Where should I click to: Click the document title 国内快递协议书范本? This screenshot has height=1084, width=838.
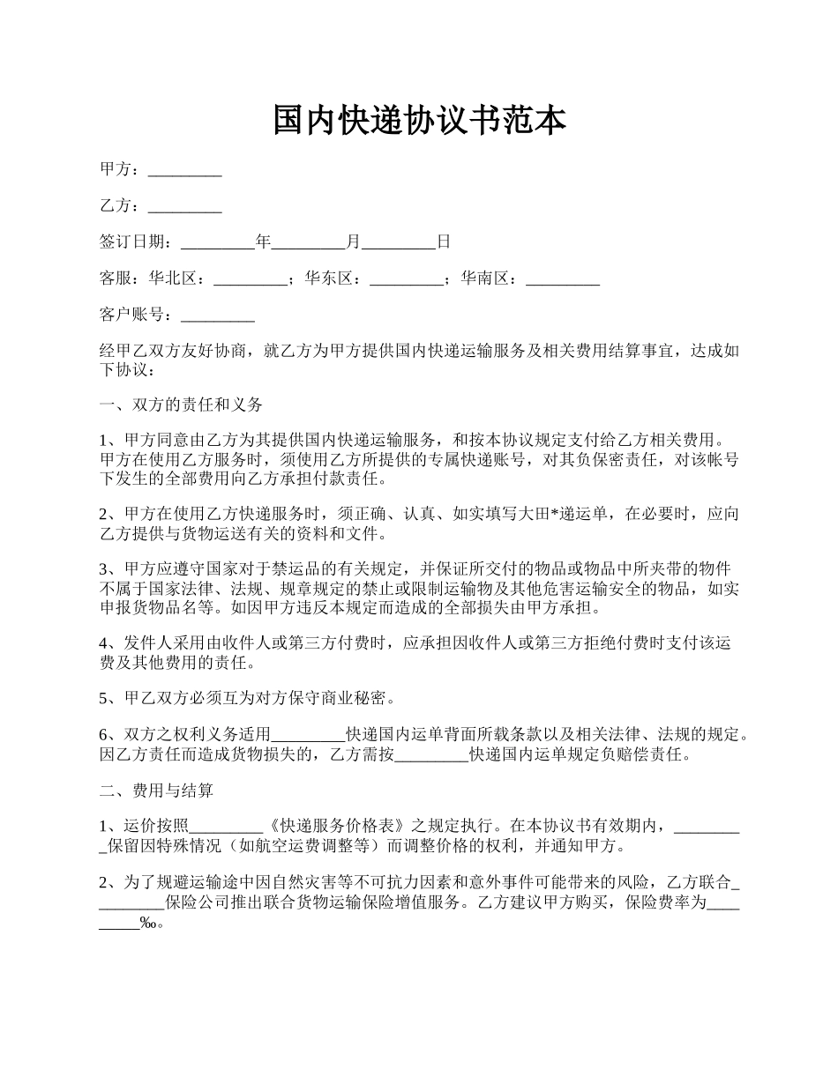[419, 121]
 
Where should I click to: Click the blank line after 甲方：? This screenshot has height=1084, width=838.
[184, 169]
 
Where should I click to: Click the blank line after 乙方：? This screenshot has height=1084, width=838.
[184, 206]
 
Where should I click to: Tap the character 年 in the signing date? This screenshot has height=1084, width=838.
[263, 241]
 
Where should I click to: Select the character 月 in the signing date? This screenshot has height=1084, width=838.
[354, 241]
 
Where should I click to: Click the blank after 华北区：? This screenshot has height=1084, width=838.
[251, 278]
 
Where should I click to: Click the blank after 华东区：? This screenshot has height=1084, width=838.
[406, 278]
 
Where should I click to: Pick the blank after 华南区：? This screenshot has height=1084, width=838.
[563, 278]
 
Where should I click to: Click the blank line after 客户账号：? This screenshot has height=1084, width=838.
[217, 316]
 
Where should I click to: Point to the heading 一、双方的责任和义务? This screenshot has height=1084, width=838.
[181, 405]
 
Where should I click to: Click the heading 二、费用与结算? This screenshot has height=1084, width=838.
[156, 791]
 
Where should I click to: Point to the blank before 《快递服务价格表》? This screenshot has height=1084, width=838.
[226, 827]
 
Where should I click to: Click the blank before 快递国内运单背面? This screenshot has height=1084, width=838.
[308, 735]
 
